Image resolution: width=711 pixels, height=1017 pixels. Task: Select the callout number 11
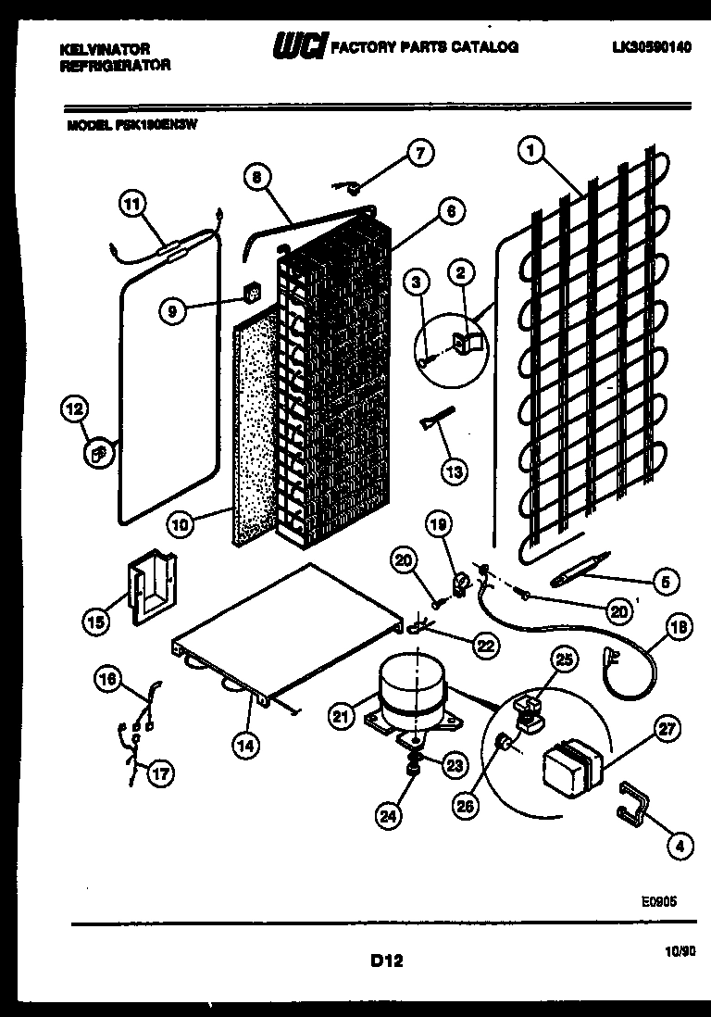[x=133, y=202]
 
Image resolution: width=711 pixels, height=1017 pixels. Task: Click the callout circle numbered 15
[x=95, y=622]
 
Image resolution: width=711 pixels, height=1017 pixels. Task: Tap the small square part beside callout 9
[x=249, y=295]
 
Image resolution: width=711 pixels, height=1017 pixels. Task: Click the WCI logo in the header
[x=297, y=45]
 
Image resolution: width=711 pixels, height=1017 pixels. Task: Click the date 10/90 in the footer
[x=678, y=949]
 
